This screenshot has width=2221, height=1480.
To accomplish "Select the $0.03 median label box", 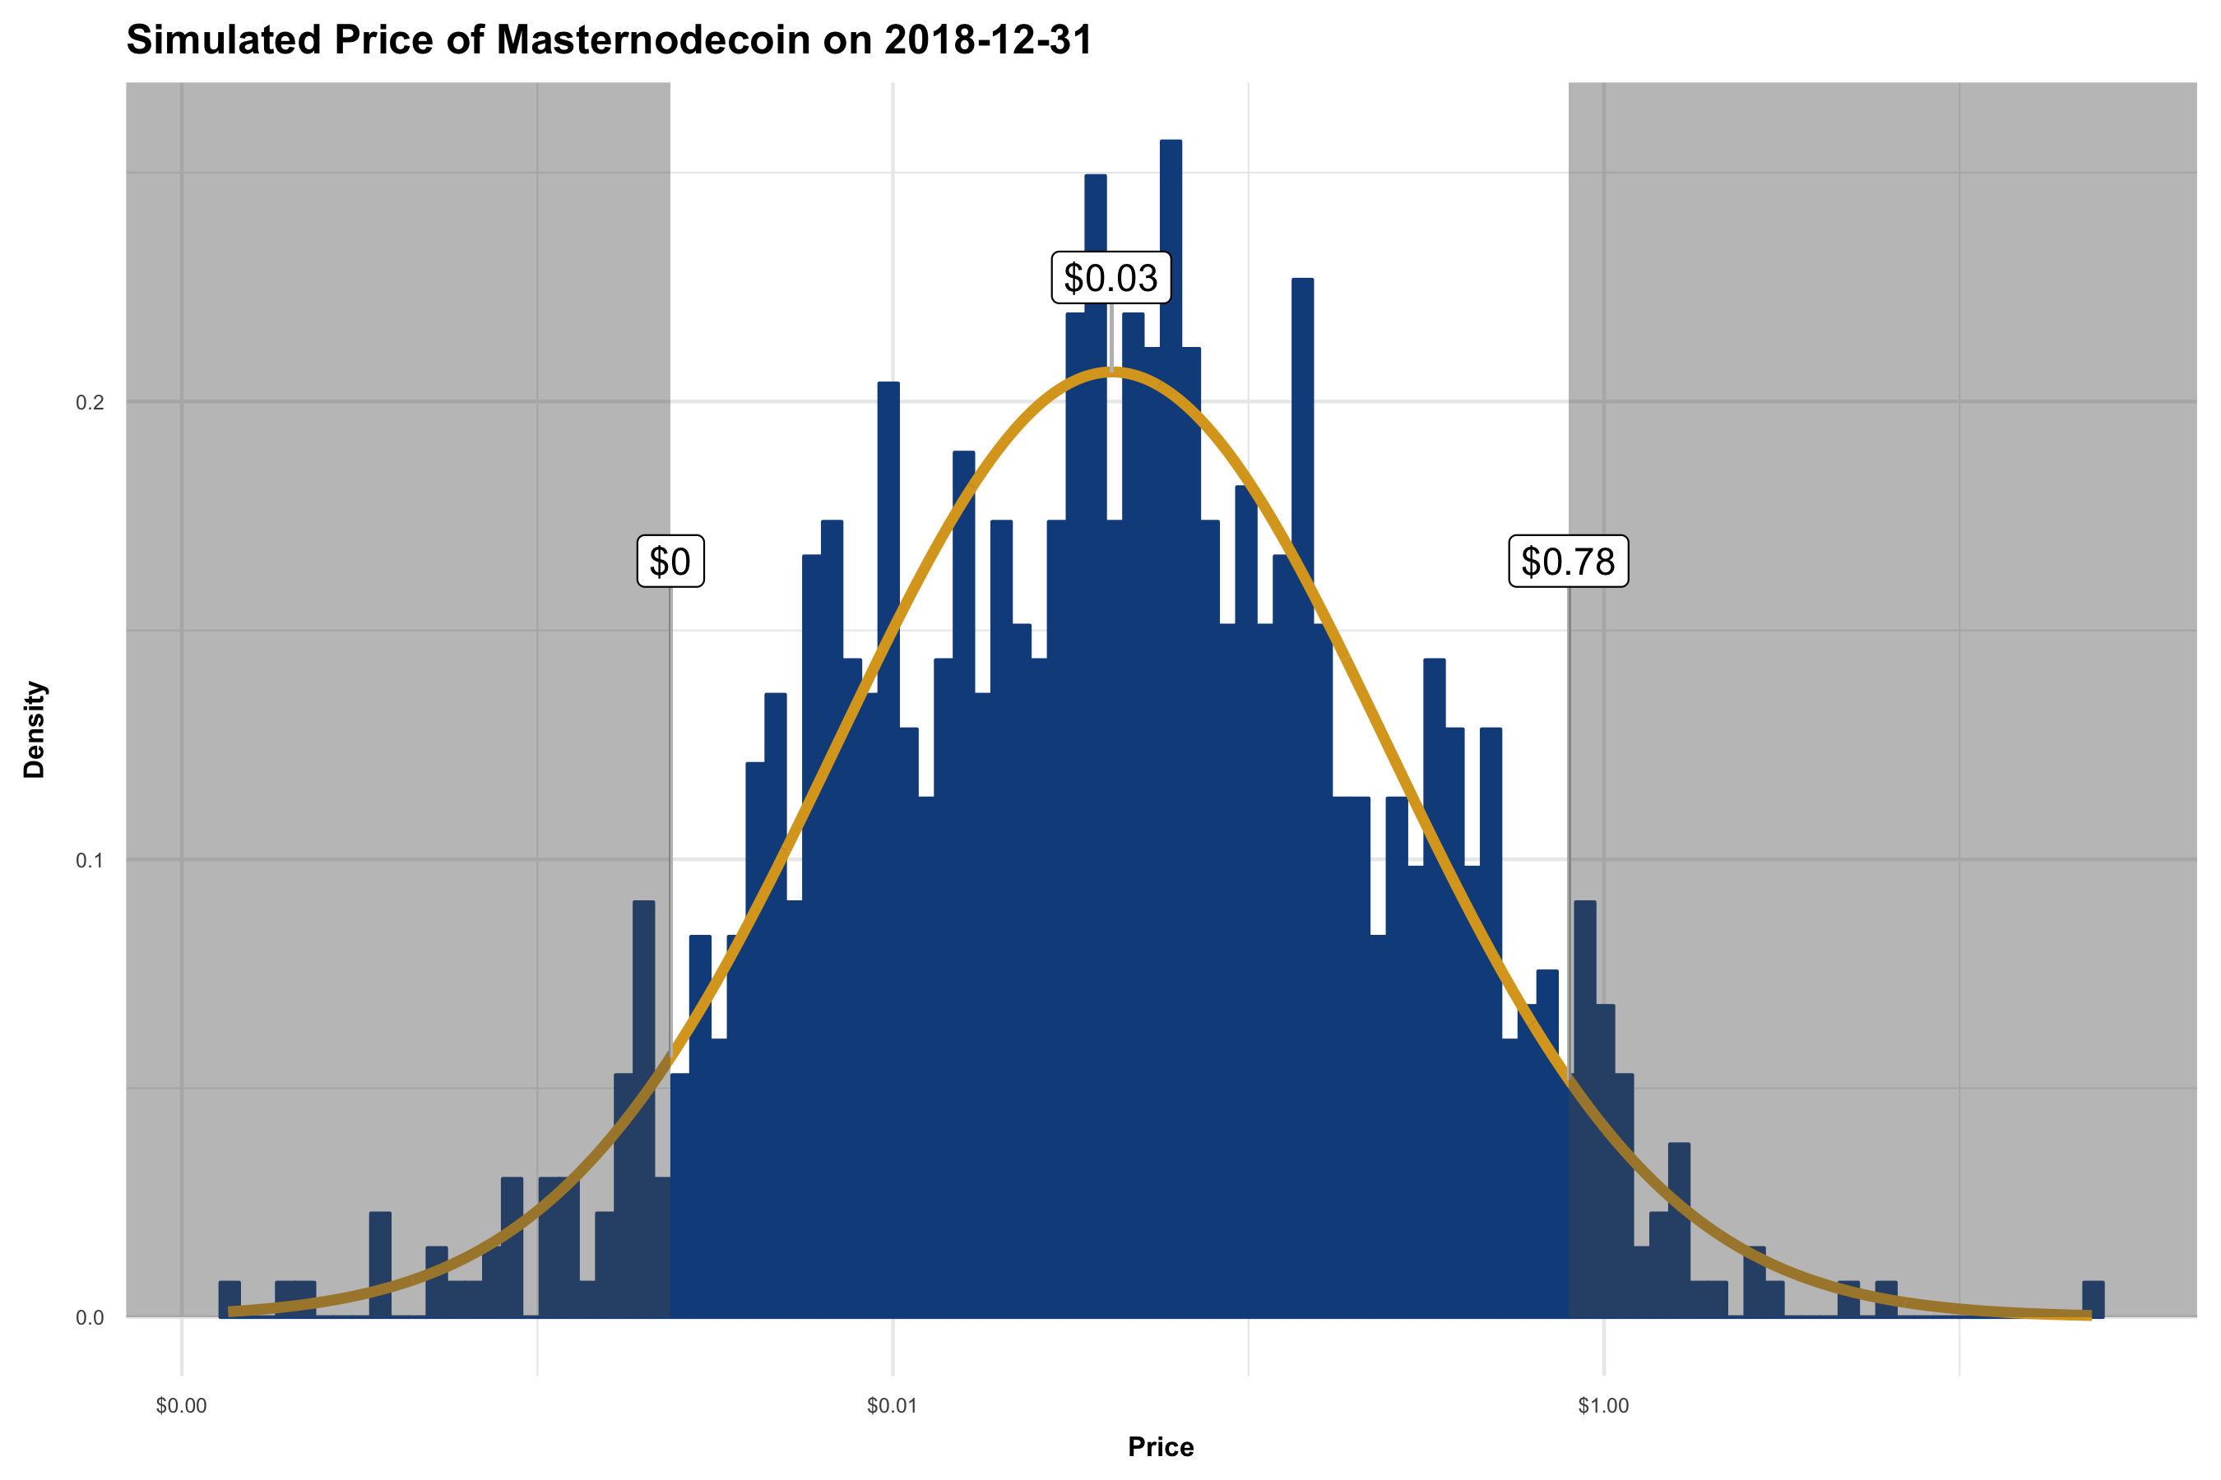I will (x=1110, y=279).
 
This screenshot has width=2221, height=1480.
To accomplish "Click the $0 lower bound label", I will (x=670, y=562).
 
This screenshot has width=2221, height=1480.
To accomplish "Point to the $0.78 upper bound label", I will (x=1568, y=562).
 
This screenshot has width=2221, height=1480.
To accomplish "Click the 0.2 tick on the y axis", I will (x=90, y=403).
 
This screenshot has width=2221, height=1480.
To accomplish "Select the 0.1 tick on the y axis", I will (x=90, y=861).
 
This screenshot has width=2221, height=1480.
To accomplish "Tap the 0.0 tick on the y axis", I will (x=90, y=1318).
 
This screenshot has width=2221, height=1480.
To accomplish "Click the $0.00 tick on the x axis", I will (x=181, y=1406).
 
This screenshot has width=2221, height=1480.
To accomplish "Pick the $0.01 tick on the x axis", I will (x=892, y=1406).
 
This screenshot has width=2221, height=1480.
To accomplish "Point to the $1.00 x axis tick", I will (x=1602, y=1406).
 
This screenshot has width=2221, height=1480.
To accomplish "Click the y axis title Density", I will (x=35, y=728).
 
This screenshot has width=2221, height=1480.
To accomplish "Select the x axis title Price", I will (x=1161, y=1447).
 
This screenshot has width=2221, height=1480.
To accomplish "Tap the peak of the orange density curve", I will (x=1111, y=372).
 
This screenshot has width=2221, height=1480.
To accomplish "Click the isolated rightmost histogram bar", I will (x=2093, y=1299).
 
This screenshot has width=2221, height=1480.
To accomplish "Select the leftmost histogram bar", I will (x=230, y=1299).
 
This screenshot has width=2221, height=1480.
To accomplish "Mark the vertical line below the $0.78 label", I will (x=1569, y=802).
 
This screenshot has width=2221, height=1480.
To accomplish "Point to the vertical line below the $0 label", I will (x=670, y=802).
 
